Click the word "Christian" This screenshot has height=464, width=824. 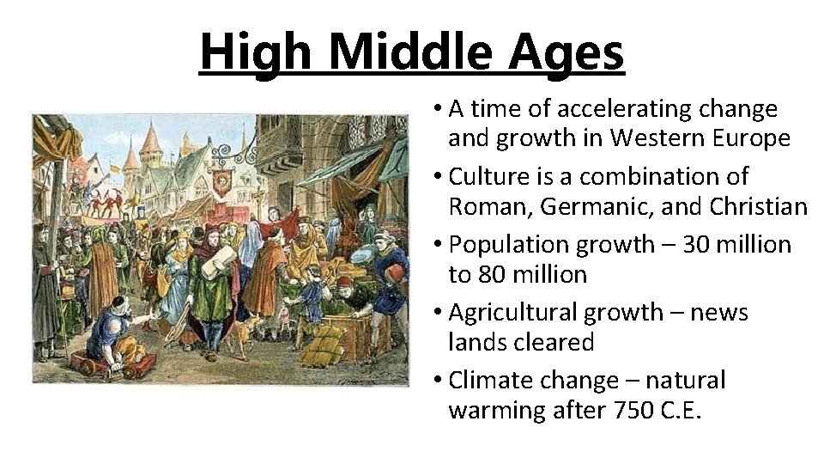coord(760,207)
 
